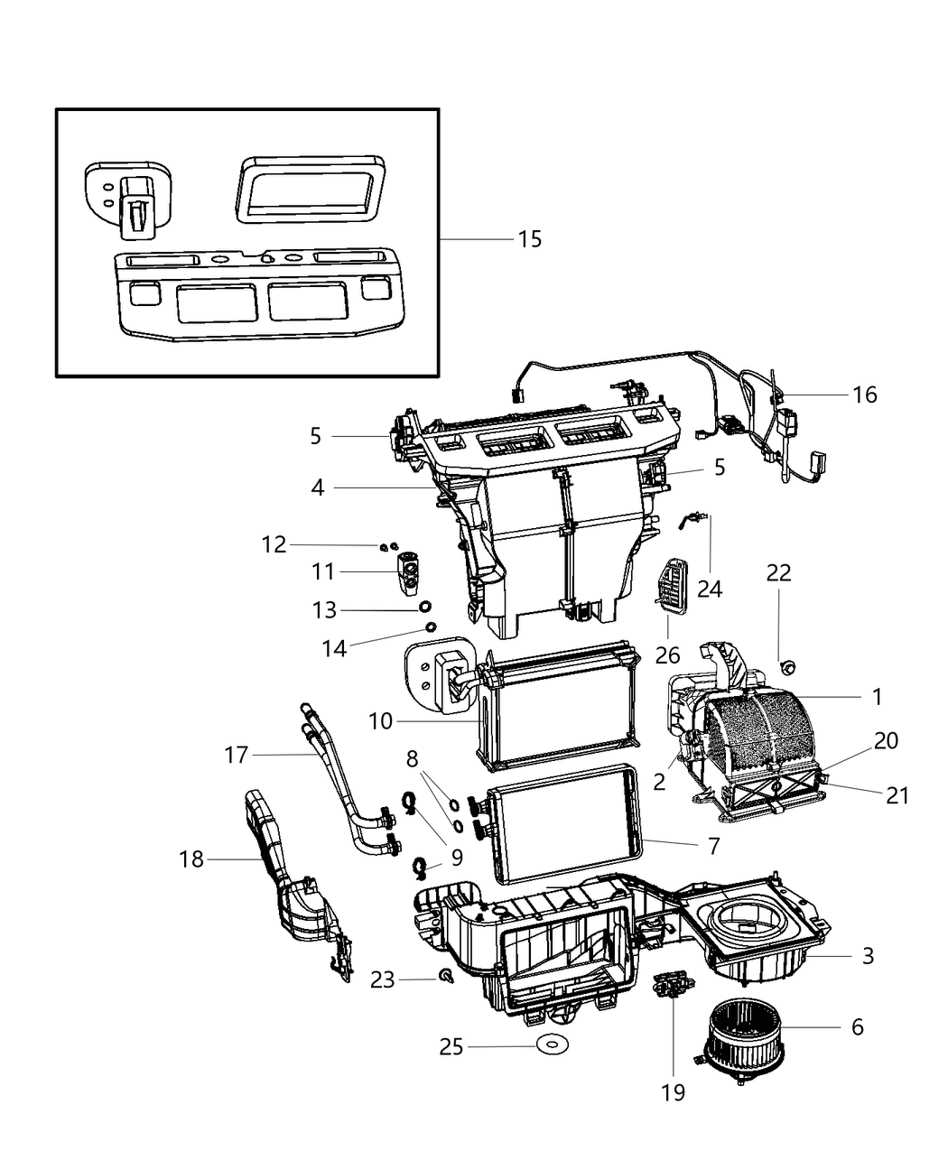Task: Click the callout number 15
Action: pos(530,238)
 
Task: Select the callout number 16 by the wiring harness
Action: pos(864,394)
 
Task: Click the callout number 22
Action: pos(778,572)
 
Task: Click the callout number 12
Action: pos(274,544)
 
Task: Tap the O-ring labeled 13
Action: pos(426,606)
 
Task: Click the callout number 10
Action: pos(382,720)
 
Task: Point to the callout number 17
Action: pos(237,754)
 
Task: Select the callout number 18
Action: pos(191,859)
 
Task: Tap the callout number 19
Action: pos(673,1092)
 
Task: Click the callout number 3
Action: pos(868,955)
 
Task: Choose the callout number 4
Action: pos(317,487)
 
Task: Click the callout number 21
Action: pos(897,794)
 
